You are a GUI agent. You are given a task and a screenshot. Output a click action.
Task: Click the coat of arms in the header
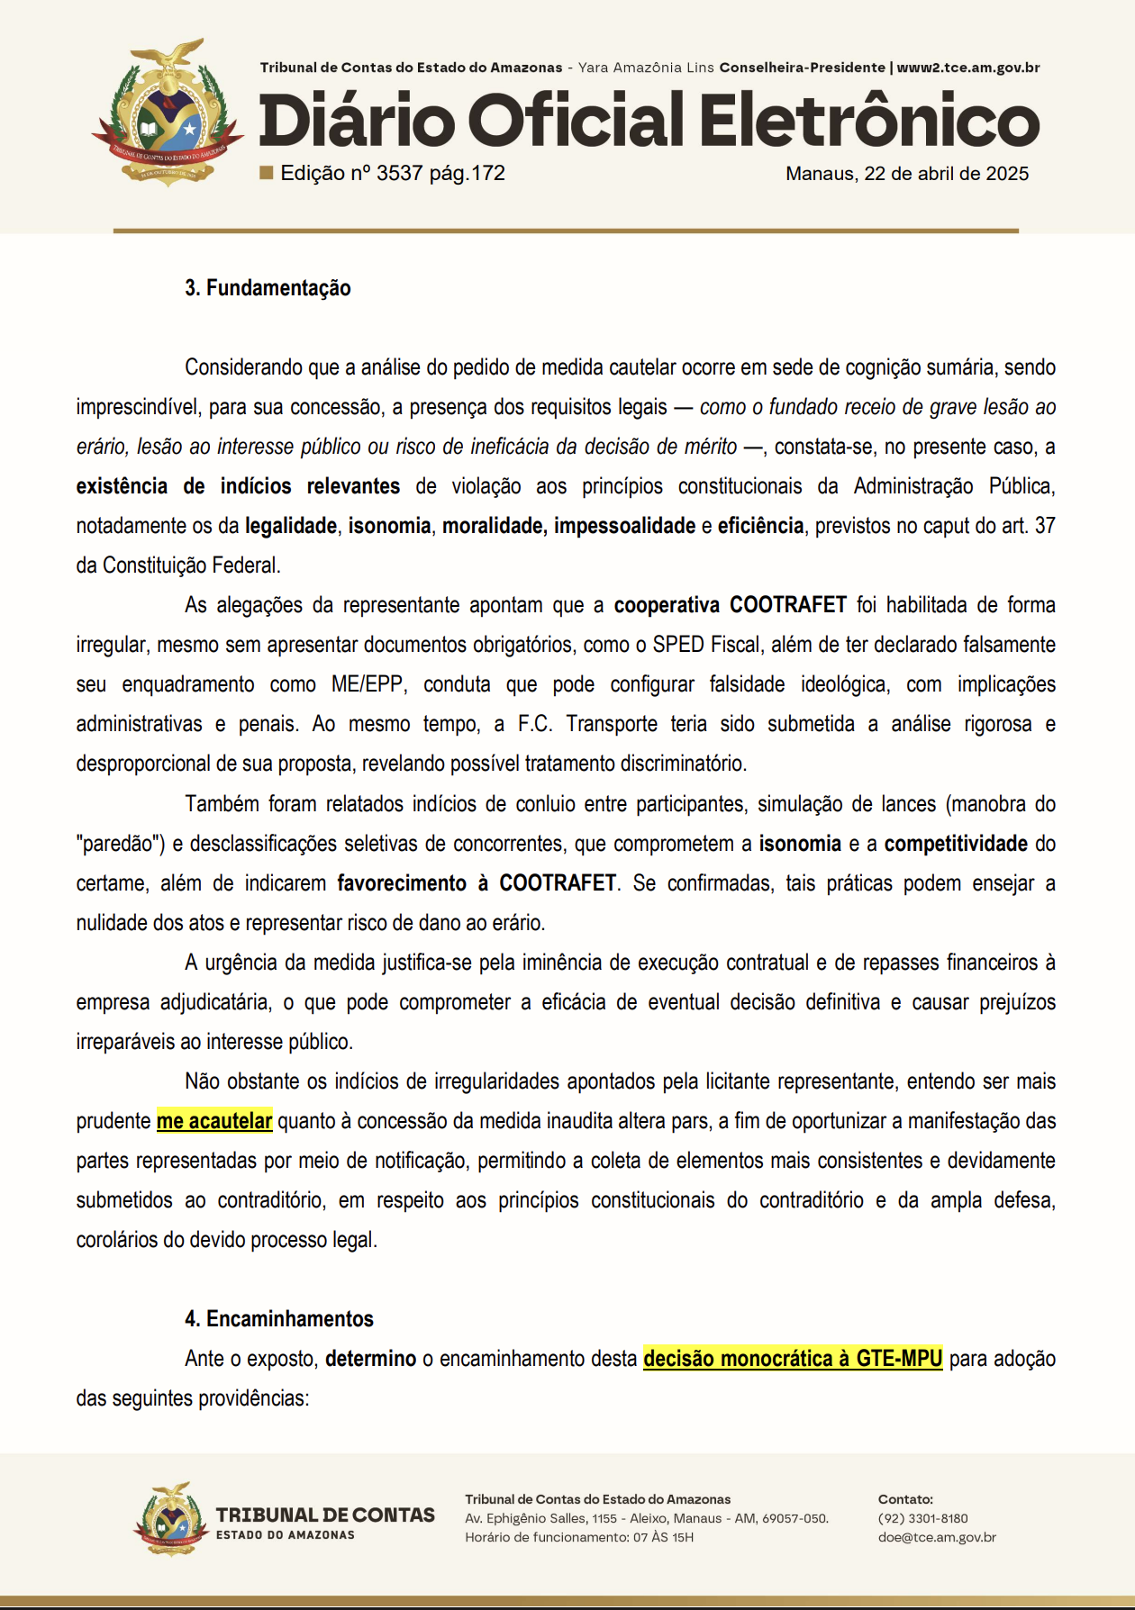168,113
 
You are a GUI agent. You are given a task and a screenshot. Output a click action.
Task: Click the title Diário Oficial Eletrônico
649,120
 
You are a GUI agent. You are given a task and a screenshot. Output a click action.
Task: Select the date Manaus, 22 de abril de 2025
906,174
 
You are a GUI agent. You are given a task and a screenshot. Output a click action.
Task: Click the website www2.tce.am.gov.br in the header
968,68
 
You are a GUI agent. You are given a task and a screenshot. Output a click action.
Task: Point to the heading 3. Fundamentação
268,288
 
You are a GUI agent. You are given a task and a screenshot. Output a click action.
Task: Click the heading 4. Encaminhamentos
279,1319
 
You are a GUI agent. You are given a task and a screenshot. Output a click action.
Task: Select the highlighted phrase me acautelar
214,1121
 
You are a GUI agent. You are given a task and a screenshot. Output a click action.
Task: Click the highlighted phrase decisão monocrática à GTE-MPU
793,1359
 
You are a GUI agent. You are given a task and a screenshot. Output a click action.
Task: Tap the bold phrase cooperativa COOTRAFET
730,605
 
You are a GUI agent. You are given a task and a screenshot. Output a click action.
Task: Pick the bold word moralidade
493,526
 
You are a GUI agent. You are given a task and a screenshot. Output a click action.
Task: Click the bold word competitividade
956,844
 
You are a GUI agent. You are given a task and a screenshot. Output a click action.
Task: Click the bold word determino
370,1359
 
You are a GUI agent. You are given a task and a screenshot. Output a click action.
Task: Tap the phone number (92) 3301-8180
922,1518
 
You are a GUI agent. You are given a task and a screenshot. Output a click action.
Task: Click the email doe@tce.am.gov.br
937,1537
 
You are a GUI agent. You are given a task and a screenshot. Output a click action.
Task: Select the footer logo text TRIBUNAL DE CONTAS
325,1515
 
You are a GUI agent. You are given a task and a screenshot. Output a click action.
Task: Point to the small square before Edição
267,172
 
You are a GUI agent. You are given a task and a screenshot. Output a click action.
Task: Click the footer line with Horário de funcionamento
579,1537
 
